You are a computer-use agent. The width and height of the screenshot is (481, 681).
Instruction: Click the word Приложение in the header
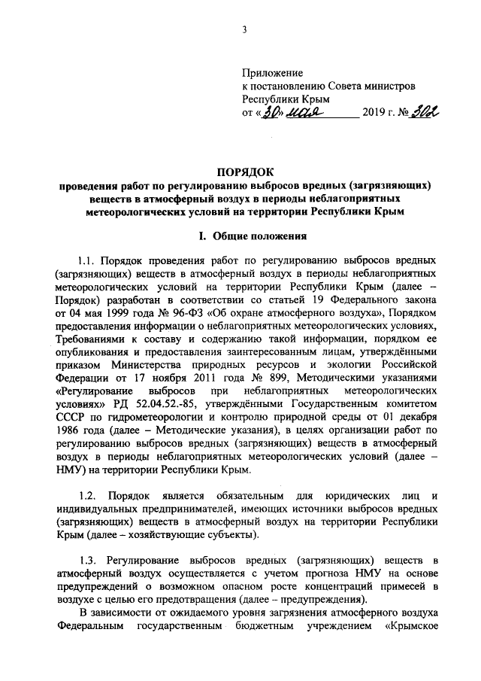click(x=272, y=74)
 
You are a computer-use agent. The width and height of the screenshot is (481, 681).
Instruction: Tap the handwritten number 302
click(x=424, y=112)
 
